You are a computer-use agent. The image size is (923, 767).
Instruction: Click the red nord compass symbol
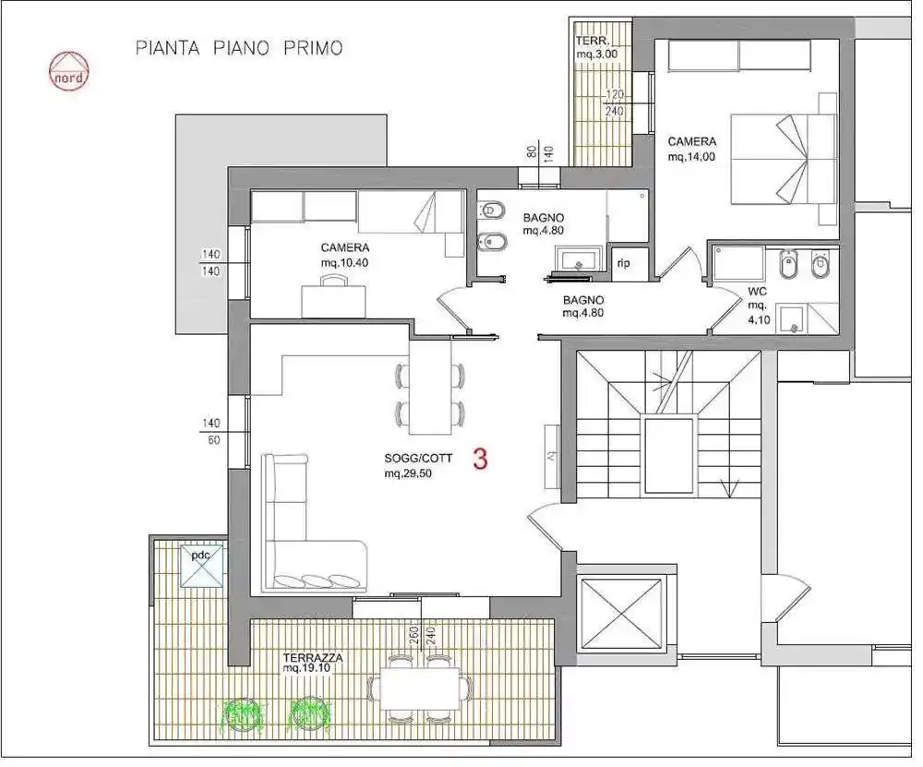click(x=69, y=70)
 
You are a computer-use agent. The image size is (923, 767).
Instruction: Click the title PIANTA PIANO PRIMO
click(x=239, y=48)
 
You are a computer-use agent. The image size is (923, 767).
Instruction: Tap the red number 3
click(x=480, y=459)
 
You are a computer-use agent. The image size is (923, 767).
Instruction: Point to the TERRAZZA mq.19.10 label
click(x=313, y=662)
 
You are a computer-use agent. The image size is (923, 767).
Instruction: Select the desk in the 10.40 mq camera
click(x=333, y=300)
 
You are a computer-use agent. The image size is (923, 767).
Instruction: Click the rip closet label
click(x=624, y=263)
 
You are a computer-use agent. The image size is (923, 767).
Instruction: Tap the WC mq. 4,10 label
click(x=758, y=306)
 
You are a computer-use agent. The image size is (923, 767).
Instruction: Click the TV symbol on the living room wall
click(x=551, y=456)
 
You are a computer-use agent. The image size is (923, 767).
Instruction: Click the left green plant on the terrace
click(x=241, y=713)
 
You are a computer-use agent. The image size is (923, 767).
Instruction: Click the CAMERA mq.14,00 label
click(x=691, y=149)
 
